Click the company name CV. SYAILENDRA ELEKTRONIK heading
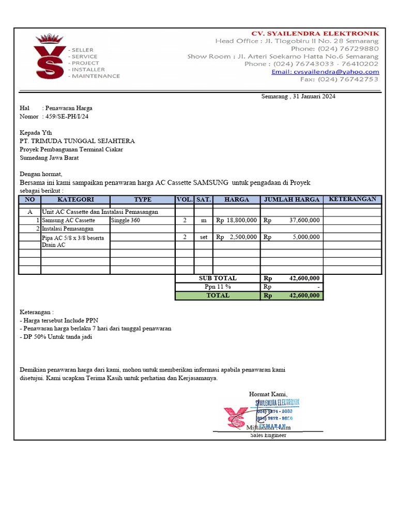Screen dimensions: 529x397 (315, 34)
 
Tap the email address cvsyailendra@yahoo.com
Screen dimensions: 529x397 (325, 72)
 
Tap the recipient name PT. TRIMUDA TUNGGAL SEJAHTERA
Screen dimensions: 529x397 (77, 141)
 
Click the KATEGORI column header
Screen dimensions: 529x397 (75, 199)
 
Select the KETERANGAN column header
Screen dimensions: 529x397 (353, 199)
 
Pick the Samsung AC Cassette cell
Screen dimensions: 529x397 (69, 221)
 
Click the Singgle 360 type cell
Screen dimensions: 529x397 (126, 221)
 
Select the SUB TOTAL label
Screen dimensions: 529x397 (218, 278)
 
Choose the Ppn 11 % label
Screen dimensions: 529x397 (218, 287)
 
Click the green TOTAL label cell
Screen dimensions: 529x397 (218, 295)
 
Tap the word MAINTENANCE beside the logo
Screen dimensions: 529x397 (96, 76)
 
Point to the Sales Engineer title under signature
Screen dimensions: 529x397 (268, 435)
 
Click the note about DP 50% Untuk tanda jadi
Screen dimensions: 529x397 (57, 337)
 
